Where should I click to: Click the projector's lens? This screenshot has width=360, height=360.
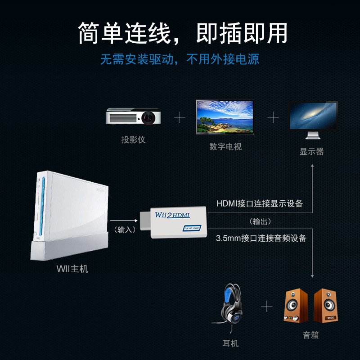[x=149, y=117]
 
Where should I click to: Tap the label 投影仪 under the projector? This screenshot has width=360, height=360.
[x=133, y=139]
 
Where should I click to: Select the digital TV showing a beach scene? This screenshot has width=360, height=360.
[x=225, y=116]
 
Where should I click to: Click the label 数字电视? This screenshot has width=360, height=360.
[x=225, y=147]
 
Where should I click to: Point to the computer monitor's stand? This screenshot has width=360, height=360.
[x=313, y=135]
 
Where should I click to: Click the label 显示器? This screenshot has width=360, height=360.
[x=312, y=152]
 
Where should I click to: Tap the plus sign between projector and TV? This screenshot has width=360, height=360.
[x=180, y=118]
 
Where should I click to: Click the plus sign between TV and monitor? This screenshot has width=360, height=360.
[x=273, y=118]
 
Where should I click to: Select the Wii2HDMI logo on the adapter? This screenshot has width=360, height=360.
[x=173, y=216]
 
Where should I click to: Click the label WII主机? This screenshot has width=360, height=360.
[x=72, y=269]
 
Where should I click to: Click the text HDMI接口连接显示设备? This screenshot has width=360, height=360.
[x=260, y=203]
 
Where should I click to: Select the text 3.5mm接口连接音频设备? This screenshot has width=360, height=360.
[x=261, y=238]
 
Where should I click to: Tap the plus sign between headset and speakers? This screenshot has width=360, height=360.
[x=267, y=307]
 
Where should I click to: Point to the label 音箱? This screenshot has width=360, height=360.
[x=311, y=335]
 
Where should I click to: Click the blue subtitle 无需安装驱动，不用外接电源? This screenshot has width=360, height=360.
[x=180, y=59]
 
